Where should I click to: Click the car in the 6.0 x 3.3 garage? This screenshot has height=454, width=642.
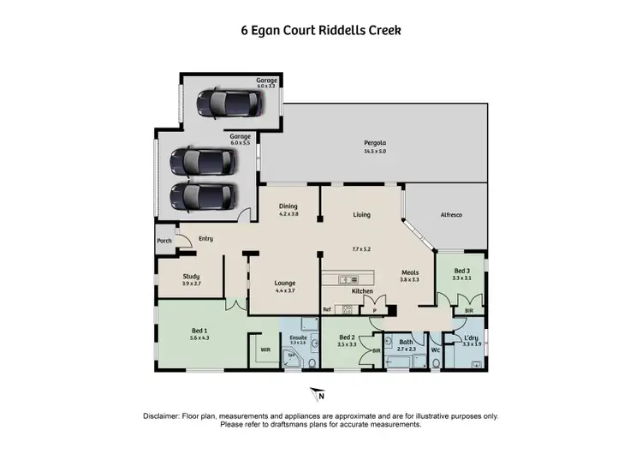(226, 105)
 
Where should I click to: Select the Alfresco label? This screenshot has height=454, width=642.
(451, 215)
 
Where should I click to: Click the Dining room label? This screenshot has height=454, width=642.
(288, 206)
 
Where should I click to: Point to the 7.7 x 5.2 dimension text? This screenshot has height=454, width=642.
(362, 248)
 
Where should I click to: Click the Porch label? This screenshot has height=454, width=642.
(163, 241)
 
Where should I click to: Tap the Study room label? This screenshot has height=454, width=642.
(192, 276)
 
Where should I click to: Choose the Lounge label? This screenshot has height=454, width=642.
(284, 283)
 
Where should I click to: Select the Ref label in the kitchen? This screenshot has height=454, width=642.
(326, 309)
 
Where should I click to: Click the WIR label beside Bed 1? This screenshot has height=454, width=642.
(265, 349)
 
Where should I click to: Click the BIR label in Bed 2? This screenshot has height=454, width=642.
(376, 350)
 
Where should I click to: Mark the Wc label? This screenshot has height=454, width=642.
(436, 349)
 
